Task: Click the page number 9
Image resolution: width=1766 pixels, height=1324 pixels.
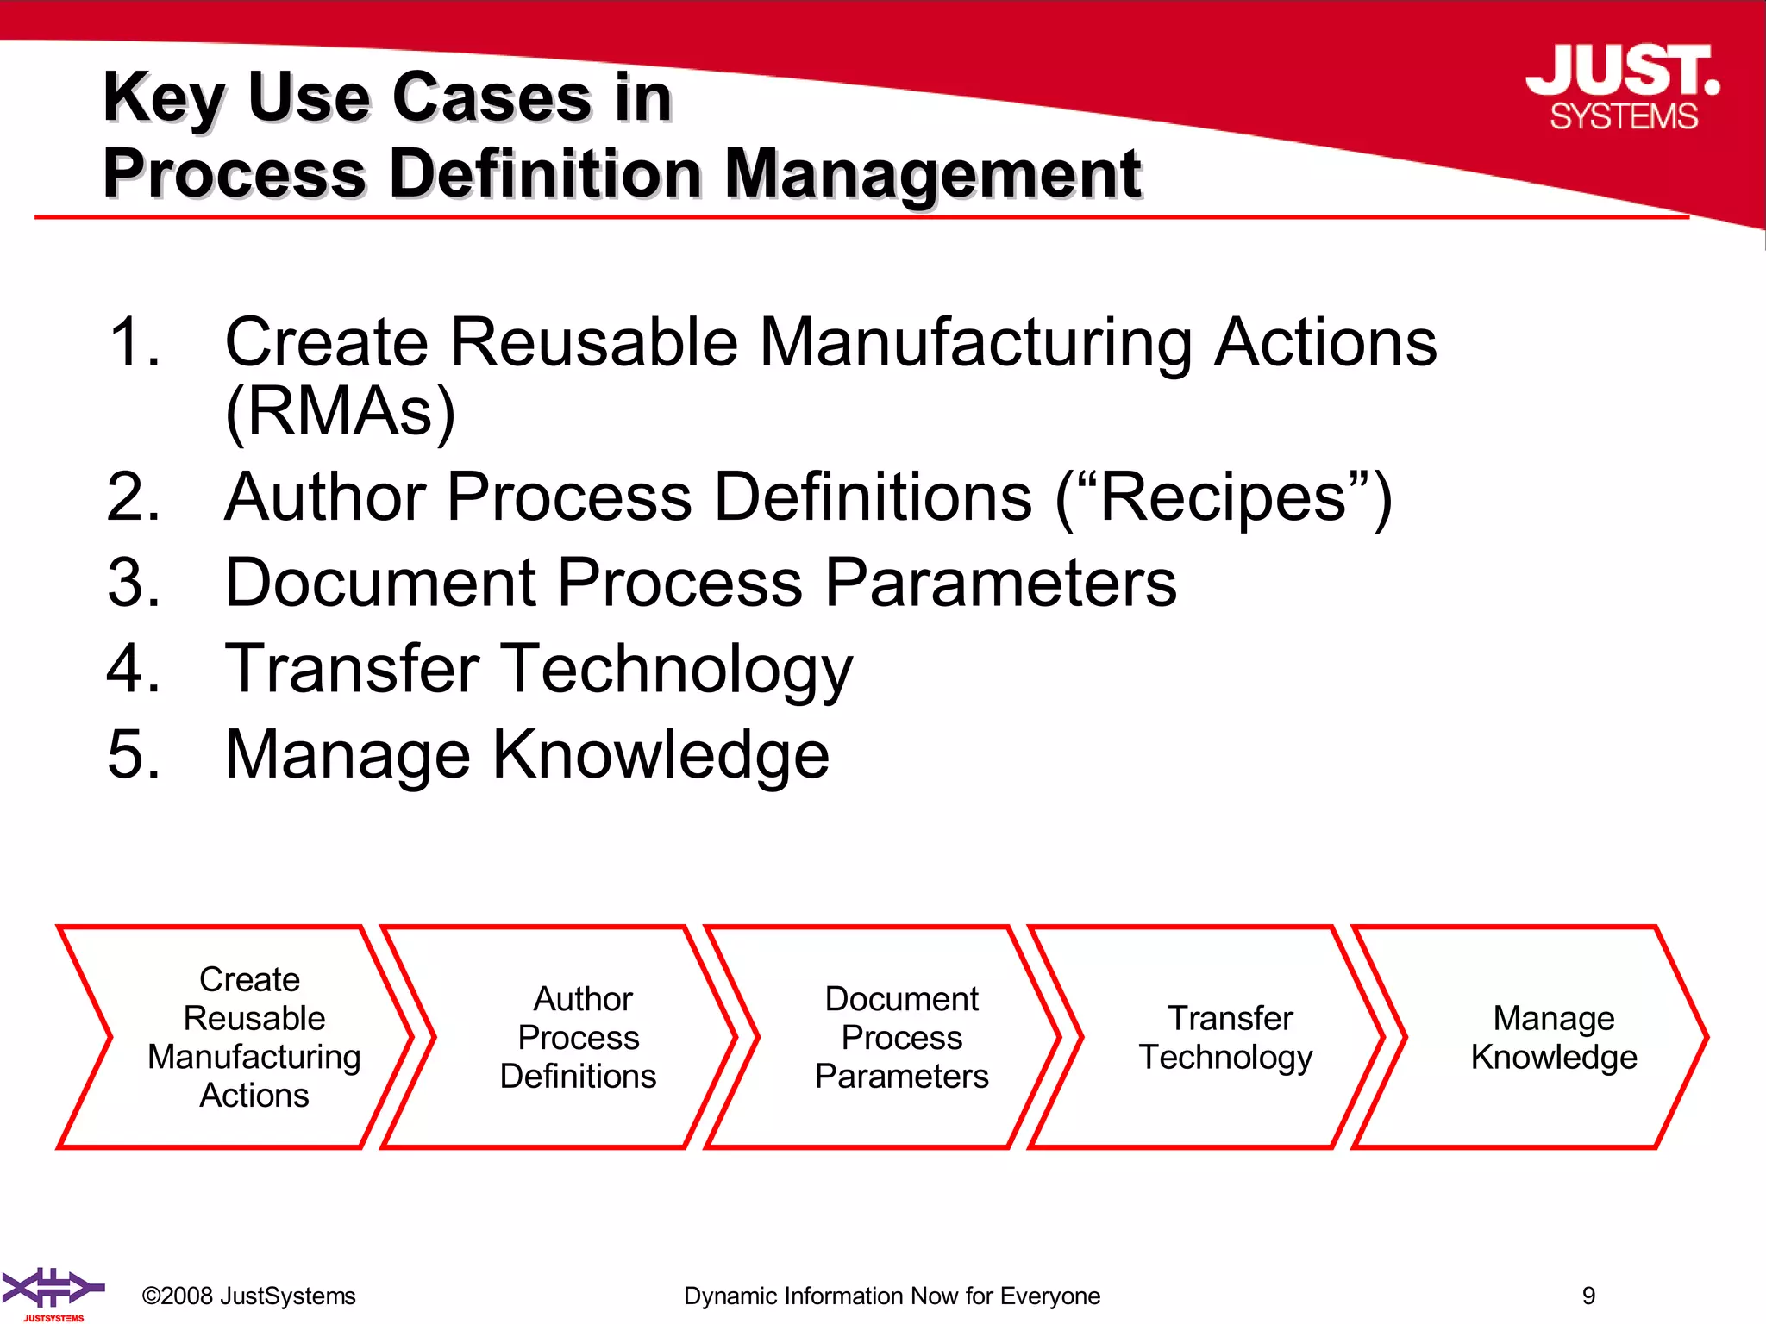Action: coord(1588,1296)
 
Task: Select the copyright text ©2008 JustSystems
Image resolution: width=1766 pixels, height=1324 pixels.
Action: coord(248,1296)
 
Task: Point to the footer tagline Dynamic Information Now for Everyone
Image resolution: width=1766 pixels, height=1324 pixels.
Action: coord(892,1296)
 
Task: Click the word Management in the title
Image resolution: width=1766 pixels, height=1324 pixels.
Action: coord(932,174)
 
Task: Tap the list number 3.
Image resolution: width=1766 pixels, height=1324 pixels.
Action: coord(133,583)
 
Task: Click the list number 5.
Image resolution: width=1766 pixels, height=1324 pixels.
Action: coord(133,754)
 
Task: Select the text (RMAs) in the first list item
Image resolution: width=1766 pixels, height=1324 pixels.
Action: coord(340,412)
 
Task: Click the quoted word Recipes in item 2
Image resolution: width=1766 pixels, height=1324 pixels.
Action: coord(1223,497)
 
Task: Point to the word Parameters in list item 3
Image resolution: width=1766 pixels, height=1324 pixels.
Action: coord(1000,583)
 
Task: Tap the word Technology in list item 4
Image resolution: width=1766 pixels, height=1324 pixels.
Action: coord(676,670)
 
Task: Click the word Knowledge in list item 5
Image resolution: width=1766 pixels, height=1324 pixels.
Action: coord(661,754)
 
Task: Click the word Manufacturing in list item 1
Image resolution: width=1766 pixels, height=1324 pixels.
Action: coord(974,342)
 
